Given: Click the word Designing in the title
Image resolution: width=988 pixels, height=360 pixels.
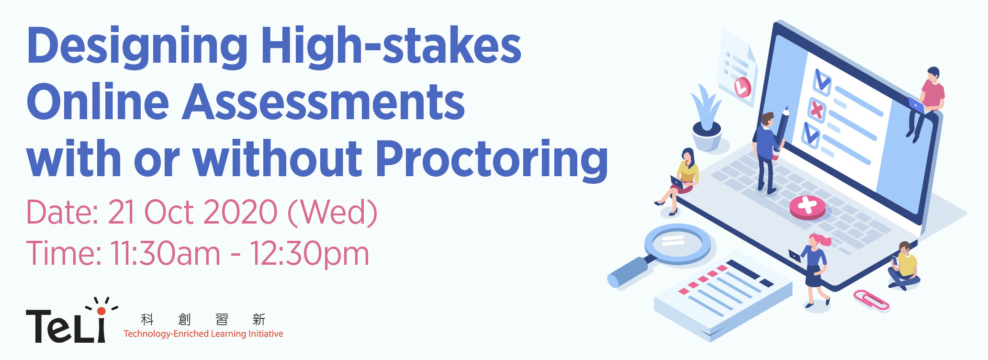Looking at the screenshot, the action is point(137,46).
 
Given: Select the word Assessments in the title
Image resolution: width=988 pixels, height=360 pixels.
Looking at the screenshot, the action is point(324,101).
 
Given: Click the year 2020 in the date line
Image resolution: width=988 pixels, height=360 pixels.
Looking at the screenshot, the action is point(240,212).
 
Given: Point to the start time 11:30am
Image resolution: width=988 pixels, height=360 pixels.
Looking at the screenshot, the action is point(165,253).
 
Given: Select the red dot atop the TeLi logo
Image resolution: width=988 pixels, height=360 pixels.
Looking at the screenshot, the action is point(101,311).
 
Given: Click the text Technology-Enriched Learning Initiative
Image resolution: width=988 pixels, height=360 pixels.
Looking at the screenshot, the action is point(203,334).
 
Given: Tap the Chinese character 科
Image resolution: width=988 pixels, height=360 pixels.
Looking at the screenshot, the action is point(147,319).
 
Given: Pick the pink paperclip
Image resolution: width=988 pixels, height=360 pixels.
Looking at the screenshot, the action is point(871,300).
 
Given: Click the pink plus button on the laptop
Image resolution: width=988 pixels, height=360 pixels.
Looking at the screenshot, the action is point(808,207).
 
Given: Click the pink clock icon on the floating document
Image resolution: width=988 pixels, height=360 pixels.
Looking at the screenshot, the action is point(742,87).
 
